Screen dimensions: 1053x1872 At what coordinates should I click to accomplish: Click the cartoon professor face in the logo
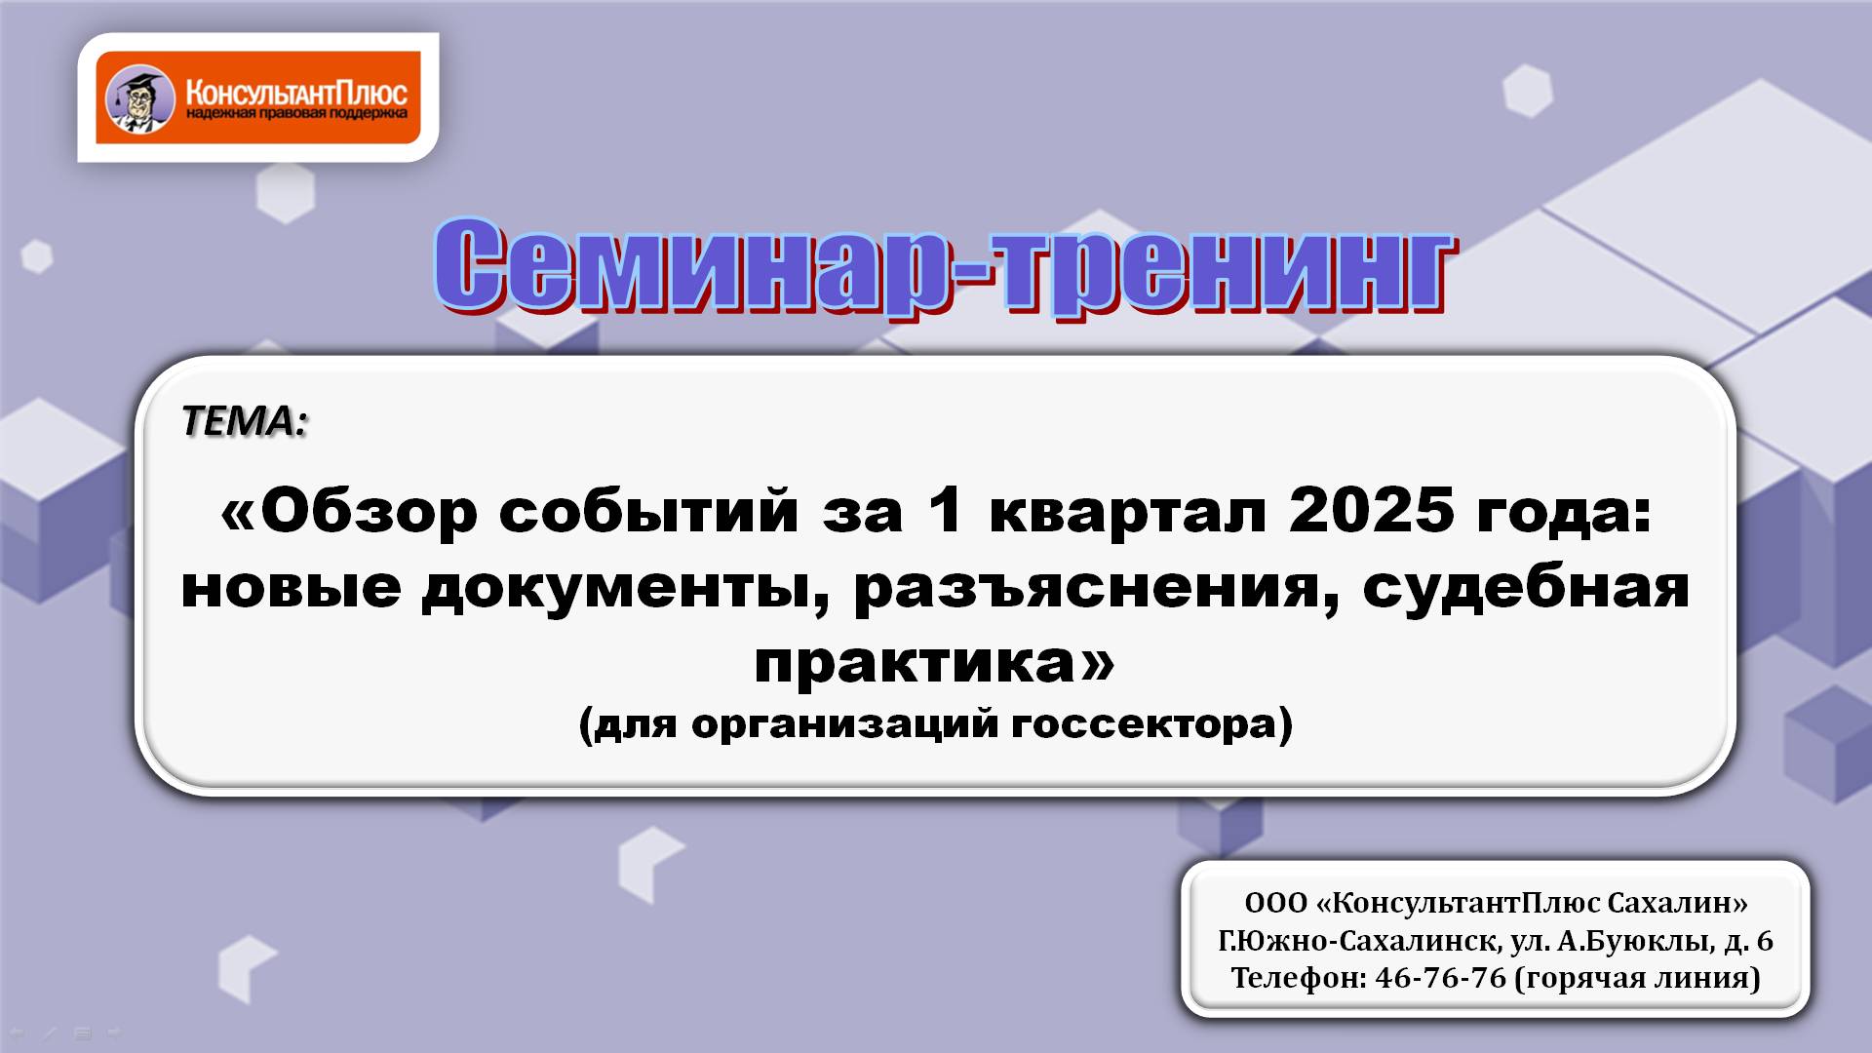coord(139,97)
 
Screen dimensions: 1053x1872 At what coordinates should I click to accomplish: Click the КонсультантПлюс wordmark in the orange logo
coord(296,93)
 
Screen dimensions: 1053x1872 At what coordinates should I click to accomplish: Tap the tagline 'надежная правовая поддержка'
coord(296,115)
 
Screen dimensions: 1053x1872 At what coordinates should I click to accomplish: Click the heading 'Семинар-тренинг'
coord(943,266)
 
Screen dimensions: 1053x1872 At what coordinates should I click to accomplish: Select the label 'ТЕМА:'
coord(244,421)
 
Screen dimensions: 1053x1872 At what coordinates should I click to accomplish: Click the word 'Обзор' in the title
coord(369,512)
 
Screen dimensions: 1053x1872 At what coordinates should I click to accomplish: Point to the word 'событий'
coord(648,512)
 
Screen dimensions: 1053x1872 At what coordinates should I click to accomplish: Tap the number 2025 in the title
coord(1371,510)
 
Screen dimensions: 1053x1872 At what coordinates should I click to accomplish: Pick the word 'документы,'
coord(626,588)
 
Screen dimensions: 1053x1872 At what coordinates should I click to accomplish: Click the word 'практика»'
coord(934,663)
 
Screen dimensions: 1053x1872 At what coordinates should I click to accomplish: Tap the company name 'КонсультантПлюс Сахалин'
coord(1533,903)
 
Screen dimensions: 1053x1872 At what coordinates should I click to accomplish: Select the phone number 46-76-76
coord(1440,978)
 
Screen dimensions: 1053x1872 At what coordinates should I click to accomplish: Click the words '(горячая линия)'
coord(1638,978)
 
